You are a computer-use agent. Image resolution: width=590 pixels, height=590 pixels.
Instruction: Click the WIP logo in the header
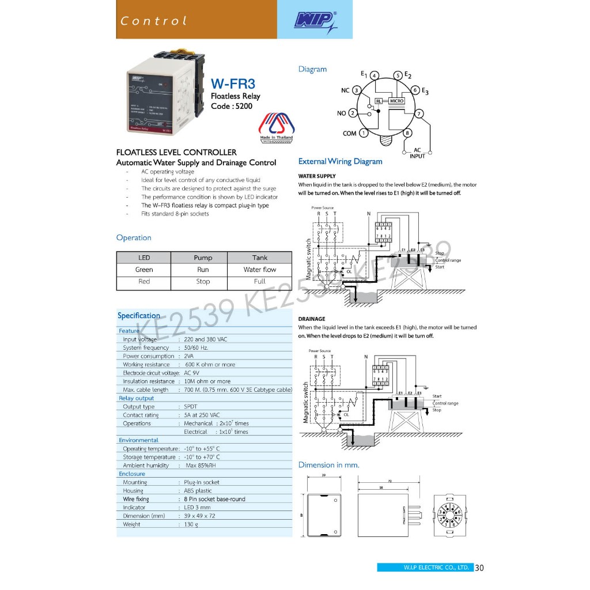click(315, 21)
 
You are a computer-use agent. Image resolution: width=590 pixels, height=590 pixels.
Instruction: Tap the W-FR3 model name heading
click(233, 84)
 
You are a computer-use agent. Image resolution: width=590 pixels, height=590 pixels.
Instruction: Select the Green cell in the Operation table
click(144, 270)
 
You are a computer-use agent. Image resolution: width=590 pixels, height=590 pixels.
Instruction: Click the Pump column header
click(203, 258)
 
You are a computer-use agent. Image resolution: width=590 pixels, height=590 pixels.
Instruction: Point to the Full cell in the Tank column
click(259, 282)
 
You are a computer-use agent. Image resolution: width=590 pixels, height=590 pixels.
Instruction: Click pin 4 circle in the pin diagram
click(374, 75)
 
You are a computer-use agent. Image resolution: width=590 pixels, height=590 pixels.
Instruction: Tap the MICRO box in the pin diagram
click(397, 101)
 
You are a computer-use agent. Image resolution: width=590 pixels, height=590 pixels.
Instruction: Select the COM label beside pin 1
click(349, 134)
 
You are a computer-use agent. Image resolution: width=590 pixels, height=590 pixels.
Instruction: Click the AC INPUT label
click(417, 153)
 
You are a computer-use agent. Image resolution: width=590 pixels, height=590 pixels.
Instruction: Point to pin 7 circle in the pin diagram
click(419, 113)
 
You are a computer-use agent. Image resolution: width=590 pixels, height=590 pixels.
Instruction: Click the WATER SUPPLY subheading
click(317, 176)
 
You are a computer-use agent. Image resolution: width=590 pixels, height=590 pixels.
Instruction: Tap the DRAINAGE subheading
click(312, 319)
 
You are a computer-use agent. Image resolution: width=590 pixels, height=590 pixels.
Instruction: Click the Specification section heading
click(139, 316)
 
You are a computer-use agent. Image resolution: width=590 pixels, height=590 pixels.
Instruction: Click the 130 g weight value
click(191, 524)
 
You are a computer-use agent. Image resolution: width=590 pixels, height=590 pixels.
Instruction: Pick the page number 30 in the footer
click(480, 568)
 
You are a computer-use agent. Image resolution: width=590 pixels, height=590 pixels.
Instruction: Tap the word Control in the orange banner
click(154, 21)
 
